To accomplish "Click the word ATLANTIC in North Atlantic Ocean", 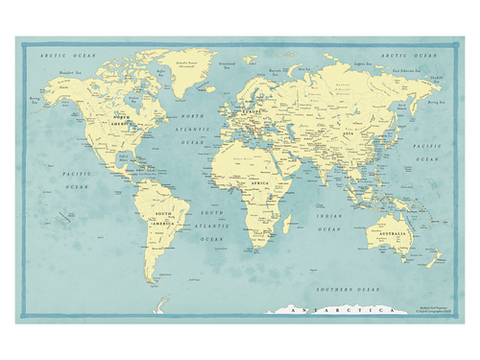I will point(194,129).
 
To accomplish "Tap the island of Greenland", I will point(188,70).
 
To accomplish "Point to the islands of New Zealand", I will point(435,258).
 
